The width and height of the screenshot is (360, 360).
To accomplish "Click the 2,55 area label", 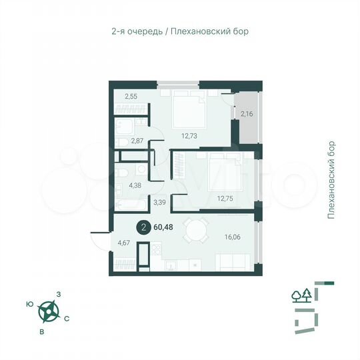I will (x=131, y=97).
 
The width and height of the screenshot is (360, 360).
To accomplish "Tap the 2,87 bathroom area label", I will (x=137, y=141).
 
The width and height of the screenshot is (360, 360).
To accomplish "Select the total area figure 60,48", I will (x=163, y=227).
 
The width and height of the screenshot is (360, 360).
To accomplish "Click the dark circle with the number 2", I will (x=143, y=227).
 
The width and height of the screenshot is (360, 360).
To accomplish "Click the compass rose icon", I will (x=48, y=311).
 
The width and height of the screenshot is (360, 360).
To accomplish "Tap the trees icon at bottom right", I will (x=301, y=295).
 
